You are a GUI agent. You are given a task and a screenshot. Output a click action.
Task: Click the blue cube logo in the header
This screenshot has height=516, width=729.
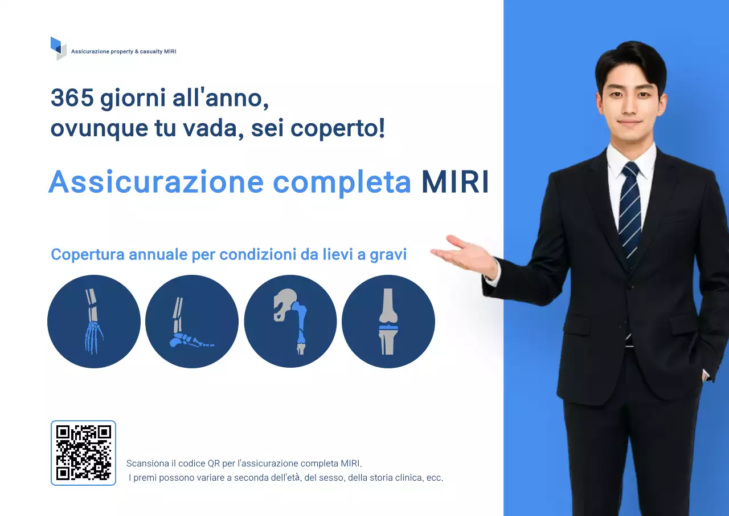tap(58, 48)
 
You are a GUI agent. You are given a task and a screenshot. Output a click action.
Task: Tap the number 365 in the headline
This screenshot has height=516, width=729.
tap(72, 98)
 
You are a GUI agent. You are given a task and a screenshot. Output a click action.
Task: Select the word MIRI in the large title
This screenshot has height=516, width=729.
tap(455, 182)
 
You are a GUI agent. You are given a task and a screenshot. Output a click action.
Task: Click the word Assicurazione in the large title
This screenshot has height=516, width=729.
tap(156, 182)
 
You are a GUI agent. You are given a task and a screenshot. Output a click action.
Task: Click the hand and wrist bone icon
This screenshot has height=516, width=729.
tap(93, 322)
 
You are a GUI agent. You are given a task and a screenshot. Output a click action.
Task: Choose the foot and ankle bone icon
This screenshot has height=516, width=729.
tap(192, 322)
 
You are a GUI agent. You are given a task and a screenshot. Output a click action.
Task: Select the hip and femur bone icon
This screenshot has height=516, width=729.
tap(290, 322)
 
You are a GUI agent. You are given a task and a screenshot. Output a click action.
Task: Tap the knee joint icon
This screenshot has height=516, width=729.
tap(388, 322)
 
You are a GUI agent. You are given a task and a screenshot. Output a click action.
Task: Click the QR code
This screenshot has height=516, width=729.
tap(83, 453)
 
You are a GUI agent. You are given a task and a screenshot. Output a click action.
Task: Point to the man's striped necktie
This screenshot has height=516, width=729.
tap(629, 211)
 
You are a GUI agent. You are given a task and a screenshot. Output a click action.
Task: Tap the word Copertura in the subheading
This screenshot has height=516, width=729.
tap(88, 254)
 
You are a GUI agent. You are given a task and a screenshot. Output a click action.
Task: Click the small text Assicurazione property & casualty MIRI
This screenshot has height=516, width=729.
tap(124, 52)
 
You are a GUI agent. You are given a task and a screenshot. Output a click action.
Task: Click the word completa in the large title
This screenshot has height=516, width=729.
tap(342, 182)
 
